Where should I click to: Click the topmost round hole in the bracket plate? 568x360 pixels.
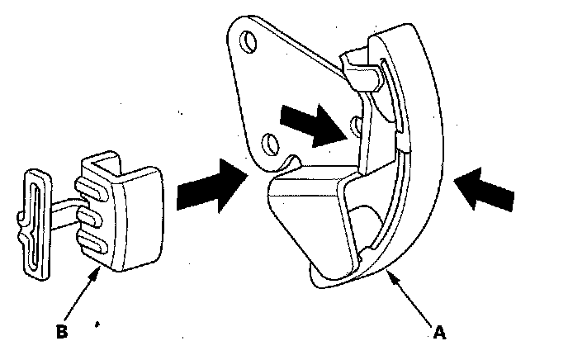[x=246, y=41]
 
